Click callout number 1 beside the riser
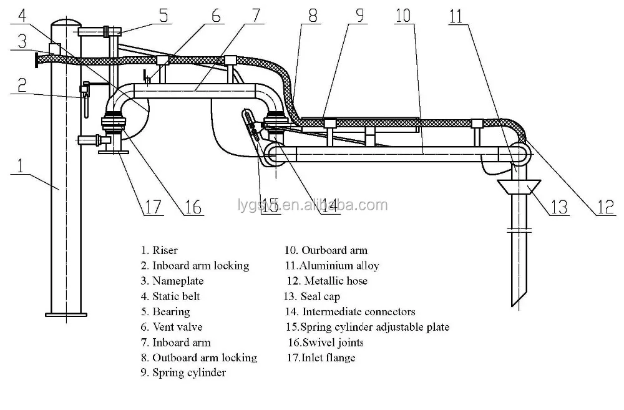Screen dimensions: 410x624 (21, 166)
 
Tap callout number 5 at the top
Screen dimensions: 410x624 (163, 16)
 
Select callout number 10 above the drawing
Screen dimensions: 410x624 (404, 15)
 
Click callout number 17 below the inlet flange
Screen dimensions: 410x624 (152, 206)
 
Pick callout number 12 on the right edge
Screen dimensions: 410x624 (605, 206)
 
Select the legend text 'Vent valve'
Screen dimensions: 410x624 (177, 326)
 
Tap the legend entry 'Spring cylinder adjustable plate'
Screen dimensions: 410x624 (374, 326)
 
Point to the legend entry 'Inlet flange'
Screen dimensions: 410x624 (329, 358)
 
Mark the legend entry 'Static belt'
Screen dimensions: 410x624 (176, 296)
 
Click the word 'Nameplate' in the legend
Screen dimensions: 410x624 (178, 281)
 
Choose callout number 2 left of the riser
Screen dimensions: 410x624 (21, 85)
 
